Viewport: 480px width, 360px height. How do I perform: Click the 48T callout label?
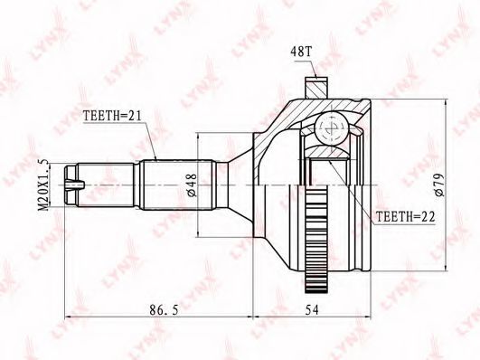click(x=300, y=52)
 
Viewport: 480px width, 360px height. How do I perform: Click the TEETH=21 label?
click(x=112, y=116)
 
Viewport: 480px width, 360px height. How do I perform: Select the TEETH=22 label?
click(x=405, y=216)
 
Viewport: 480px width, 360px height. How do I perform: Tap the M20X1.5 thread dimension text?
click(x=44, y=185)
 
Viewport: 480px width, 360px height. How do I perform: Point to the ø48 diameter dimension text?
click(x=192, y=185)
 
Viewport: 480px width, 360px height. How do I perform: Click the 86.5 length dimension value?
click(x=164, y=310)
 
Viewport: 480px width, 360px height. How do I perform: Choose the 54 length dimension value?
click(x=312, y=310)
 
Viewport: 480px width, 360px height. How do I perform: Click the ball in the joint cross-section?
click(x=332, y=128)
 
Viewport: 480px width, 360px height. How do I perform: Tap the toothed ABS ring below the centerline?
click(x=315, y=239)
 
